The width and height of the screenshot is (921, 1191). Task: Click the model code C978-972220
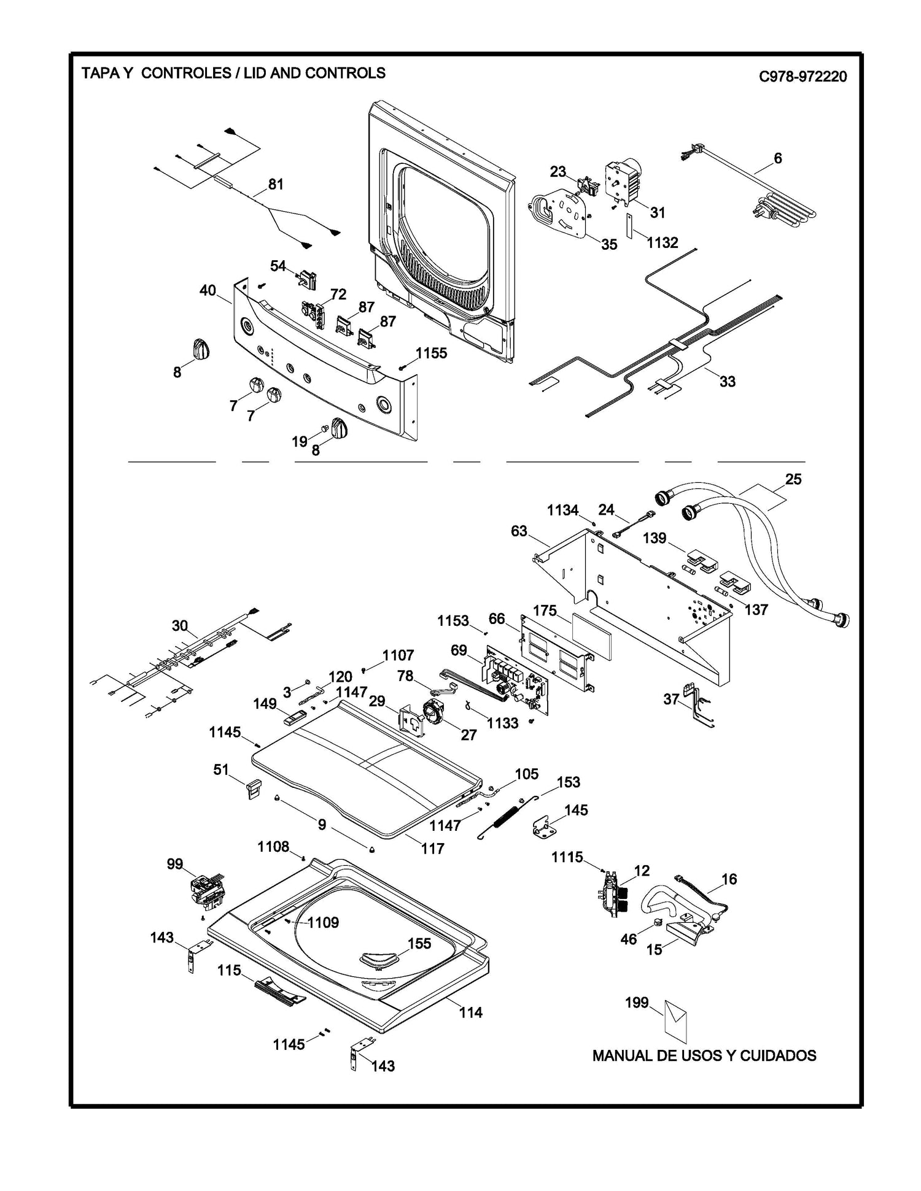click(x=802, y=77)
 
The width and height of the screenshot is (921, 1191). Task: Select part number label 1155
click(x=431, y=353)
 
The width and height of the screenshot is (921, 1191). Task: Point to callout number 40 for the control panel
click(x=208, y=290)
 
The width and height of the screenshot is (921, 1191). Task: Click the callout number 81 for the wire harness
click(x=276, y=184)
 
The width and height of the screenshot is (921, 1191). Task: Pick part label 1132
click(x=662, y=242)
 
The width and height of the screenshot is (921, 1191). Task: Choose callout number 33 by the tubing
click(x=727, y=381)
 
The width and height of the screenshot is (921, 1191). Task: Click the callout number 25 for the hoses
click(x=793, y=479)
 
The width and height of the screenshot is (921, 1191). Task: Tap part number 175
click(x=545, y=611)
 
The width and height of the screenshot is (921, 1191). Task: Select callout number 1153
click(x=453, y=621)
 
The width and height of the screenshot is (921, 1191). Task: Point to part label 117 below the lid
click(x=432, y=849)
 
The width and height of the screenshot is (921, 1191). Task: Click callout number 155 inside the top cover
click(x=419, y=944)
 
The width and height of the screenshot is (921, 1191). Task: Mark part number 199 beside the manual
click(x=637, y=1003)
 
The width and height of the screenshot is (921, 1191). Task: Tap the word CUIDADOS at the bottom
click(x=778, y=1056)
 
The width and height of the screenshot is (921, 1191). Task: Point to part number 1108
click(x=273, y=847)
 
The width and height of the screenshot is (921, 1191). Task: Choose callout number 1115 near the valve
click(x=567, y=857)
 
